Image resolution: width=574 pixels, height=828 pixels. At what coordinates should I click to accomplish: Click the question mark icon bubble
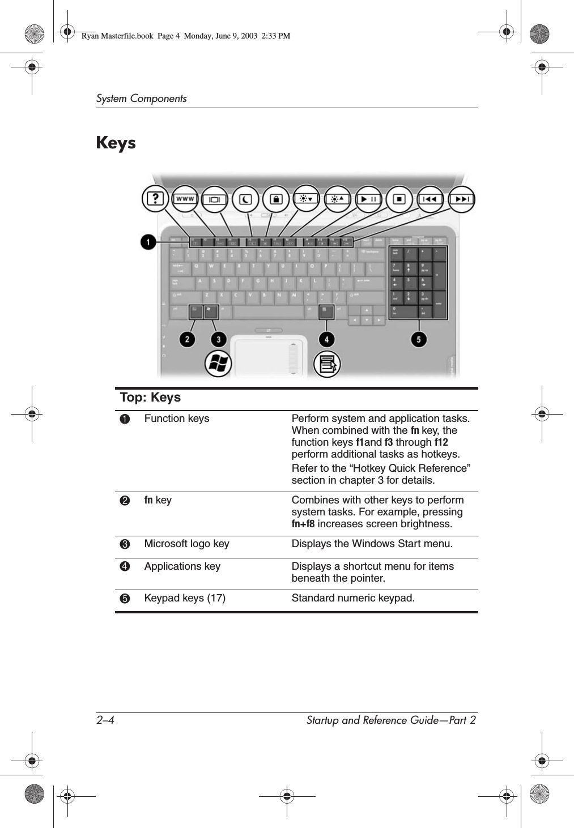click(155, 199)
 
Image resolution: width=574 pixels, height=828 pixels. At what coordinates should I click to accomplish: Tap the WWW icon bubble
click(185, 199)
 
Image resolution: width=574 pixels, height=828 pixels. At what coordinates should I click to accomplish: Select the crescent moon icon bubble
click(245, 199)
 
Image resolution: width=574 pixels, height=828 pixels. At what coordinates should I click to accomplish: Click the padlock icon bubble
click(276, 199)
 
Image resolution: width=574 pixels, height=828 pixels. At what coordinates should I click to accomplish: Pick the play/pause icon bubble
click(369, 199)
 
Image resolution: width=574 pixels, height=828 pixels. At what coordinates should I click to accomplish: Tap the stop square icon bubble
click(399, 199)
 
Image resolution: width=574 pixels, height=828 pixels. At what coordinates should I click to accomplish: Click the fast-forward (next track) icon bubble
click(461, 199)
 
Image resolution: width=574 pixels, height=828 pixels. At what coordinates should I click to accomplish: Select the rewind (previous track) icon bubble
click(431, 199)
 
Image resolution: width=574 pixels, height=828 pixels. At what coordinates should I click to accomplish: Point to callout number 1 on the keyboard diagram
click(148, 242)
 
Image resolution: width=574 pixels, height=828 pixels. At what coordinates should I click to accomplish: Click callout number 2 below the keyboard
click(187, 339)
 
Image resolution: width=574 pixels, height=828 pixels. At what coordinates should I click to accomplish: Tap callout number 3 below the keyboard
click(219, 339)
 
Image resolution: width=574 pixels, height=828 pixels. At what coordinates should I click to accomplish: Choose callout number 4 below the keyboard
click(326, 339)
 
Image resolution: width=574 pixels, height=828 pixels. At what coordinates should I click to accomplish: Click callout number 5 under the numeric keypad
click(419, 339)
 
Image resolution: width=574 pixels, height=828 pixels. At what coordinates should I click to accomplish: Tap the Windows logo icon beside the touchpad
click(218, 364)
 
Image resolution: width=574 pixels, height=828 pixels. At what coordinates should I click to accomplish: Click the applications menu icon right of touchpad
click(328, 364)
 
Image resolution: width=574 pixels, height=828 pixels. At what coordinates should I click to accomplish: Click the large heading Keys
click(116, 143)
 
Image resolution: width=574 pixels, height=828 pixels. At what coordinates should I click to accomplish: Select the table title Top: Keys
click(150, 398)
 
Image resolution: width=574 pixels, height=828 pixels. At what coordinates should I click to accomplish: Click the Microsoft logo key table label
click(186, 544)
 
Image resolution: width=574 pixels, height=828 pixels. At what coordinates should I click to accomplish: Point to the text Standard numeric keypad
click(353, 598)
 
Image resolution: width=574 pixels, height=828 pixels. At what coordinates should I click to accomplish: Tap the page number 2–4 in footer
click(105, 720)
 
